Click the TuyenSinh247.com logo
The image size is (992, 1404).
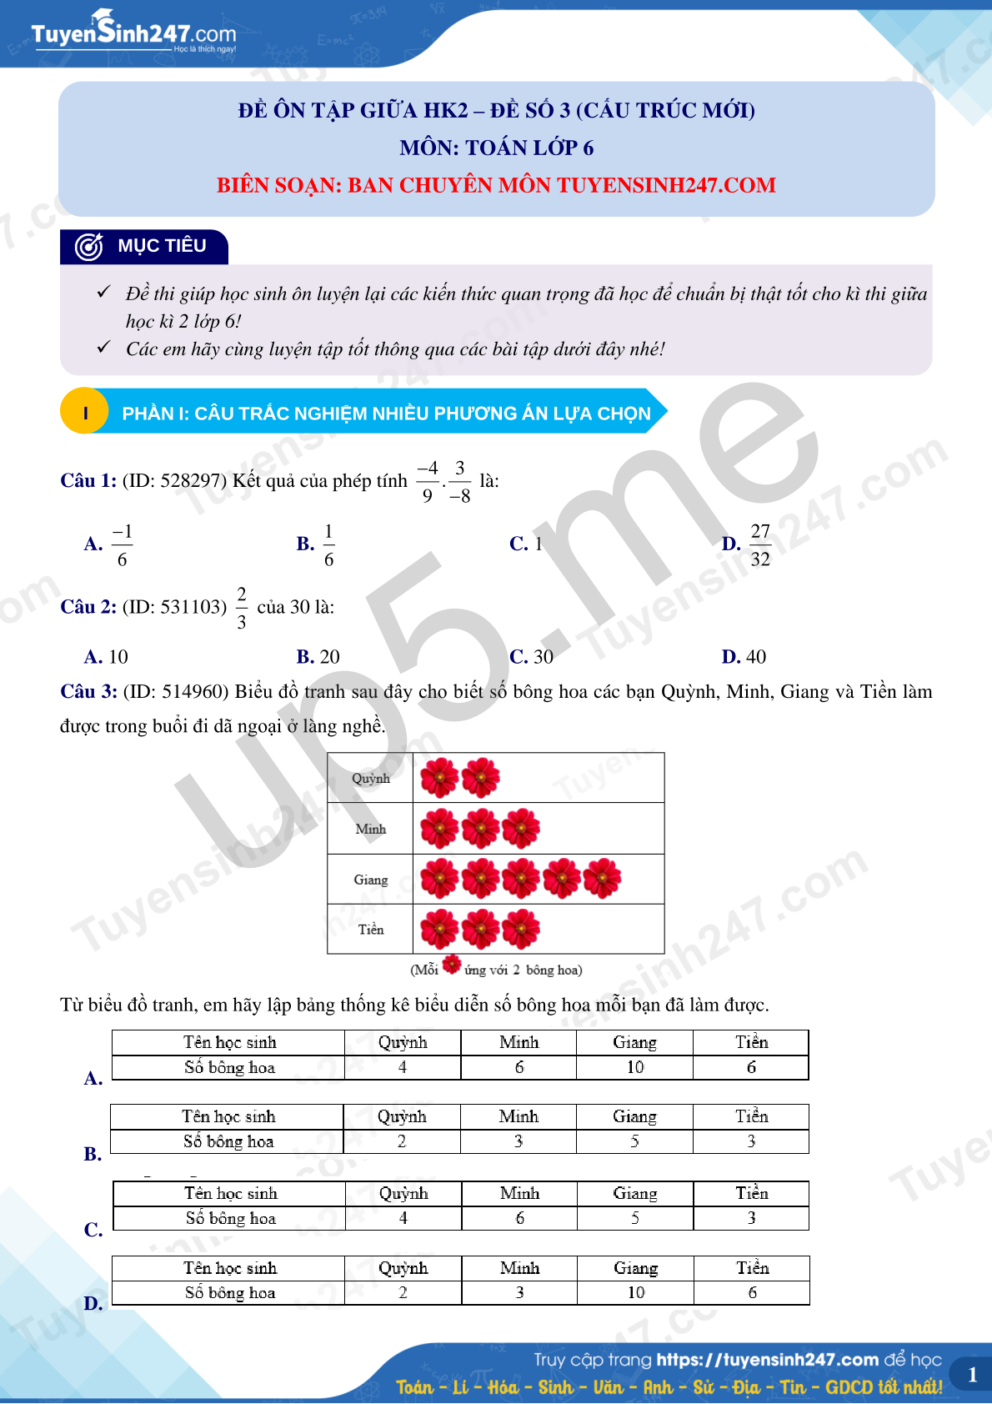(x=133, y=33)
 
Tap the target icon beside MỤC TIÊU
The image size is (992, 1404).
(x=88, y=247)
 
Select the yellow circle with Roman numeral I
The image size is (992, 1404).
(x=85, y=413)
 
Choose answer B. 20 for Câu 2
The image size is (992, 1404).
(x=318, y=657)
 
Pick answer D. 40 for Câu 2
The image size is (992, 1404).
(x=744, y=657)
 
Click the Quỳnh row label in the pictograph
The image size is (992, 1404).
(x=370, y=779)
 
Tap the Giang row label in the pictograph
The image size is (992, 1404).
(x=370, y=880)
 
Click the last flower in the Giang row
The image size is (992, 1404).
(x=602, y=879)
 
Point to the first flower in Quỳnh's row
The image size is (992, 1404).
(x=439, y=778)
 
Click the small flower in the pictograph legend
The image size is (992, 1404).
(x=452, y=965)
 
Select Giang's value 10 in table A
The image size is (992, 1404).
(x=635, y=1067)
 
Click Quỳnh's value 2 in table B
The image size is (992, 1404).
(x=402, y=1141)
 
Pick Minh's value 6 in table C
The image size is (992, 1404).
(x=519, y=1218)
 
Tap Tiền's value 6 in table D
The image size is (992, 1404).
(x=752, y=1292)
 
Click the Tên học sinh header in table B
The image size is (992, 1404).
(x=228, y=1116)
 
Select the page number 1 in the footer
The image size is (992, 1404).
(x=972, y=1375)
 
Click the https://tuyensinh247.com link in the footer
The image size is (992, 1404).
(x=767, y=1360)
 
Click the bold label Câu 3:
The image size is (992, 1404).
(x=88, y=692)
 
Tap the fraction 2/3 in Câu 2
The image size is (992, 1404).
(x=242, y=608)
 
